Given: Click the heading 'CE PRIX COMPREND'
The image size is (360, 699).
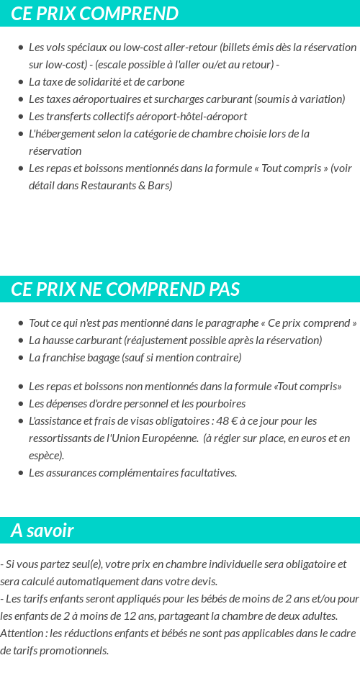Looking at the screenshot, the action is (94, 14).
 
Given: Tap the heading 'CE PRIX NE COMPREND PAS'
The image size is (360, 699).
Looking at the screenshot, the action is (125, 289).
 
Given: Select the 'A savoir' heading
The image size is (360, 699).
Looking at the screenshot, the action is (42, 531).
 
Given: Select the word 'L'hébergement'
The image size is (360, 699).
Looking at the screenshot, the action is (62, 133).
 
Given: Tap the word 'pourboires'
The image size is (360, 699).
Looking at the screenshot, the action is (220, 403).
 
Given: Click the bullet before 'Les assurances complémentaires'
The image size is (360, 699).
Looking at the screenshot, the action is (21, 473).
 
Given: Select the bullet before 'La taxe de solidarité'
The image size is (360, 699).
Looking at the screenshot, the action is (21, 82).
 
